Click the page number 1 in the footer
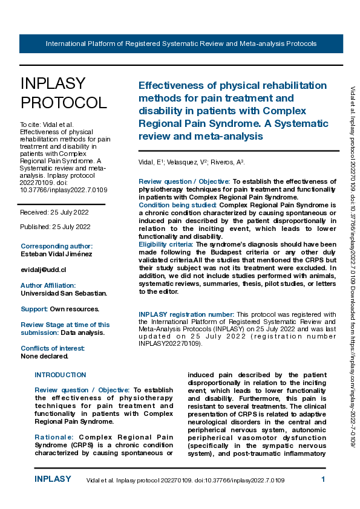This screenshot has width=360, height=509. pos(323,479)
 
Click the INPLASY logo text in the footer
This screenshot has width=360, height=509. pos(53,479)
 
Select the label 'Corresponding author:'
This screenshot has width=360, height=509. pos(57,246)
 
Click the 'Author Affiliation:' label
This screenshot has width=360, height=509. pos(48,285)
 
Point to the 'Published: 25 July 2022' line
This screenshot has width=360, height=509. pos(56,227)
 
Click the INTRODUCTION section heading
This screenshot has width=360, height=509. pos(61,375)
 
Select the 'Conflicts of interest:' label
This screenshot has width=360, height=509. pos(53,349)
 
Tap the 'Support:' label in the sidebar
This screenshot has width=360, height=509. pos(34,309)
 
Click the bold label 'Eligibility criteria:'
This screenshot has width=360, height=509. pos(166,244)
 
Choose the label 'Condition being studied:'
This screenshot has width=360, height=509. pos(178,205)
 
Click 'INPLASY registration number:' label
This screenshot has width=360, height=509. pos(186,314)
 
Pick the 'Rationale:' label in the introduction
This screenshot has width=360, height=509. pos(54,436)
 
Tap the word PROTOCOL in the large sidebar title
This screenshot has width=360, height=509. pos(63,103)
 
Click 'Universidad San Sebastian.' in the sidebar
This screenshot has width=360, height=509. pos(64,293)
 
